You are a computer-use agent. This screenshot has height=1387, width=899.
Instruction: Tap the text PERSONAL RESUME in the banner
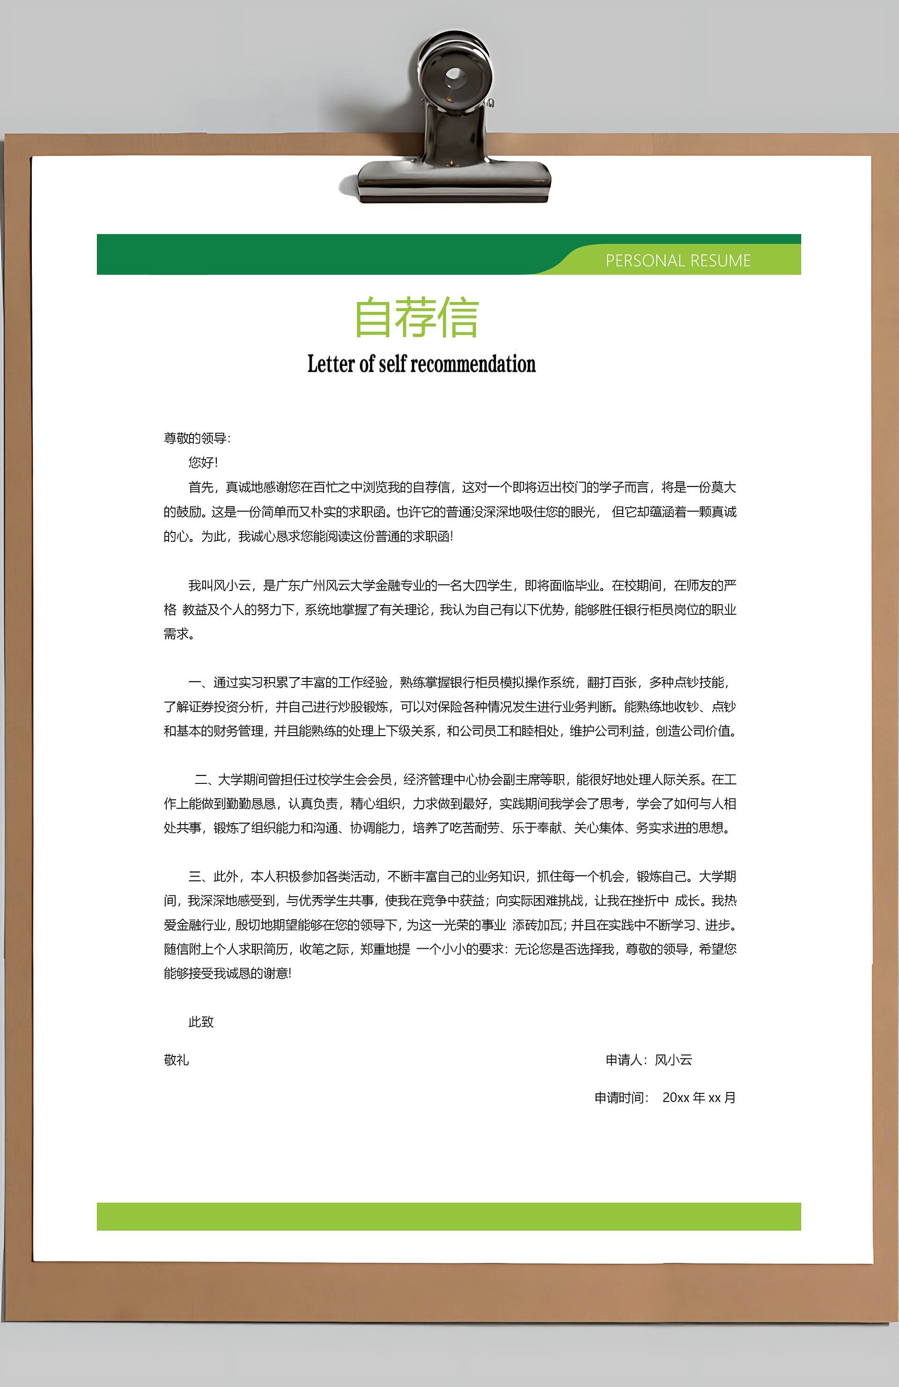(678, 260)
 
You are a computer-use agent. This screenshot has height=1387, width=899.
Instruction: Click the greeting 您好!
(202, 463)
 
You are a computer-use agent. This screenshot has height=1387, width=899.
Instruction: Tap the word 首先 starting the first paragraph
(201, 487)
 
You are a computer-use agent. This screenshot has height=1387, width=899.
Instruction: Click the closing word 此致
(201, 1022)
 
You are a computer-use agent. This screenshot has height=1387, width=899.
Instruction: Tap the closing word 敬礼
(176, 1060)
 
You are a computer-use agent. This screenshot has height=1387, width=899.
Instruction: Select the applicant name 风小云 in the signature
(673, 1060)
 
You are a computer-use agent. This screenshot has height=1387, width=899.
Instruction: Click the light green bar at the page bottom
(449, 1216)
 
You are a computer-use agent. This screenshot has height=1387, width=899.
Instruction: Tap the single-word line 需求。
(178, 634)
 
